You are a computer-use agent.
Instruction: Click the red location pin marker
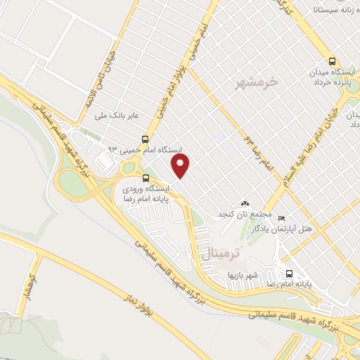click(x=181, y=166)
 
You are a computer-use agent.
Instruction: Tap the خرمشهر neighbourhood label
click(x=259, y=82)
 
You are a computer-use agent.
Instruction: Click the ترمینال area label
click(x=226, y=251)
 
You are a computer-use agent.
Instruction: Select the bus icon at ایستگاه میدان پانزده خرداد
click(x=333, y=60)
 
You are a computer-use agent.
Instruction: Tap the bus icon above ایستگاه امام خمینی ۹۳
click(x=145, y=139)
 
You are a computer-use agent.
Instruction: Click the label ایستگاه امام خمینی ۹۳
click(x=144, y=150)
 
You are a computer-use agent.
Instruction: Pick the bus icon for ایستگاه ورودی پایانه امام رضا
click(x=146, y=178)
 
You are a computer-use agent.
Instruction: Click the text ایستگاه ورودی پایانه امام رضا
click(x=146, y=195)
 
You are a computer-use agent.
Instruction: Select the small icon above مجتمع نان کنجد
click(x=245, y=203)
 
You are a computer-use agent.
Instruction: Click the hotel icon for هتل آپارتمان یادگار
click(x=282, y=217)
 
